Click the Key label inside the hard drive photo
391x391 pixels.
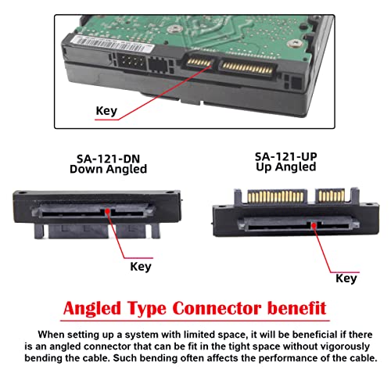pos(106,110)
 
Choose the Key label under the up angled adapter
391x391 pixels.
pos(346,278)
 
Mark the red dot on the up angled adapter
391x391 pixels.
pos(314,222)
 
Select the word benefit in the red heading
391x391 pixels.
pos(295,306)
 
